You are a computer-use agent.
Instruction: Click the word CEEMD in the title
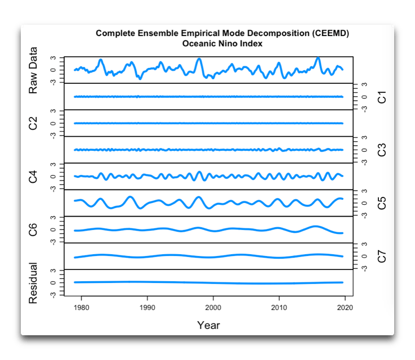[x=329, y=33]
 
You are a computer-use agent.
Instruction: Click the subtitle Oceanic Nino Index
[x=222, y=43]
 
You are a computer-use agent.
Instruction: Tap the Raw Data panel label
[x=33, y=70]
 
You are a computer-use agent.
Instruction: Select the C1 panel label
[x=382, y=97]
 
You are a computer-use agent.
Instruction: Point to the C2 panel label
[x=33, y=123]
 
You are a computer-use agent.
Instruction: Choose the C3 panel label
[x=382, y=150]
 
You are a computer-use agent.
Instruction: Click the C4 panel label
[x=33, y=176]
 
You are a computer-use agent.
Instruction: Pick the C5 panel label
[x=382, y=203]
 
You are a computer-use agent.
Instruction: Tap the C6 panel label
[x=33, y=229]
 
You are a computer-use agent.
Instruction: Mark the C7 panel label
[x=382, y=256]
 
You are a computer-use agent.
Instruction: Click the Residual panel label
[x=33, y=283]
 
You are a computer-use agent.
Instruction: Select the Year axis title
[x=208, y=325]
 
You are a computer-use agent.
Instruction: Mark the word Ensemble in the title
[x=150, y=33]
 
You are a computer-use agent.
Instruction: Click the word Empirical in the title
[x=193, y=33]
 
